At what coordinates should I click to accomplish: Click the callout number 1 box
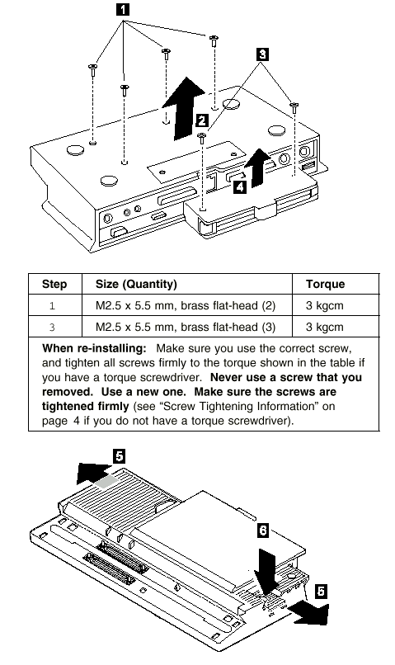(123, 9)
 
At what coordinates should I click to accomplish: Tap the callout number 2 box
(202, 120)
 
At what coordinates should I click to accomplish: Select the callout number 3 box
(262, 54)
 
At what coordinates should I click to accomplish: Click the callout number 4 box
(240, 186)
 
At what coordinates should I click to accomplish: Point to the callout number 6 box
(263, 531)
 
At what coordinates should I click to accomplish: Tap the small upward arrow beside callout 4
(257, 168)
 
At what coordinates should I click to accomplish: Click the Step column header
(54, 284)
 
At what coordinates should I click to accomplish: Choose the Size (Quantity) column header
(136, 284)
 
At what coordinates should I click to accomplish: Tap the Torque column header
(325, 284)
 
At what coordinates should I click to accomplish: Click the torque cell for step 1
(324, 305)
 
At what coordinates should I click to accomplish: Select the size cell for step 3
(186, 327)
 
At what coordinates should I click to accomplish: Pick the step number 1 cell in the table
(52, 306)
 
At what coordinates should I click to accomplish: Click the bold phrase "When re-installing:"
(94, 349)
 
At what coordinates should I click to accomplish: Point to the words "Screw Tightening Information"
(238, 406)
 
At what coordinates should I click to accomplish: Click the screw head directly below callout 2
(201, 135)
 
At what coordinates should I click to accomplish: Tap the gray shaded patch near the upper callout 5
(106, 481)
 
